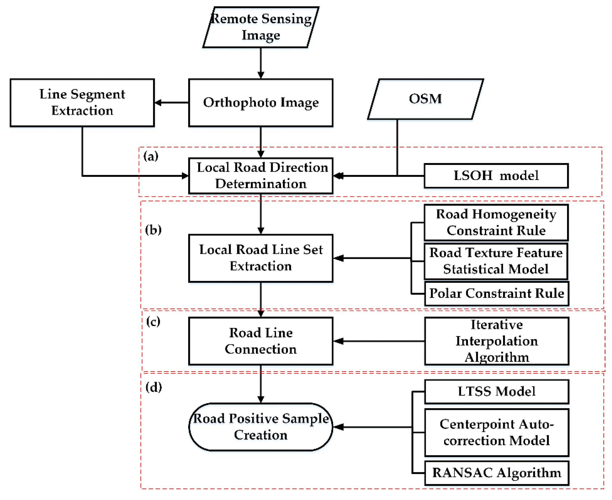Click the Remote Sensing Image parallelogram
[x=261, y=27]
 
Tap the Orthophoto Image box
[x=261, y=103]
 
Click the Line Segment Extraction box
[x=82, y=103]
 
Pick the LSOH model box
[x=496, y=176]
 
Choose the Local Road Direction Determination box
[x=261, y=176]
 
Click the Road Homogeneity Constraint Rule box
[x=496, y=222]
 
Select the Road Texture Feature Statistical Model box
[x=496, y=261]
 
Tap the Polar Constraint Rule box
[x=497, y=293]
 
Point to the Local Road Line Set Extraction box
[x=261, y=258]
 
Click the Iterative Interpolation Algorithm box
[x=497, y=341]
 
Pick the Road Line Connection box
[x=261, y=341]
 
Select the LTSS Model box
[x=497, y=391]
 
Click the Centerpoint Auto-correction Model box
[x=497, y=432]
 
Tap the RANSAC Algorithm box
[x=497, y=473]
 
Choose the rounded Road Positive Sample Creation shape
[x=261, y=427]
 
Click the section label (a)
[x=151, y=156]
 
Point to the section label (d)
[x=154, y=387]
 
